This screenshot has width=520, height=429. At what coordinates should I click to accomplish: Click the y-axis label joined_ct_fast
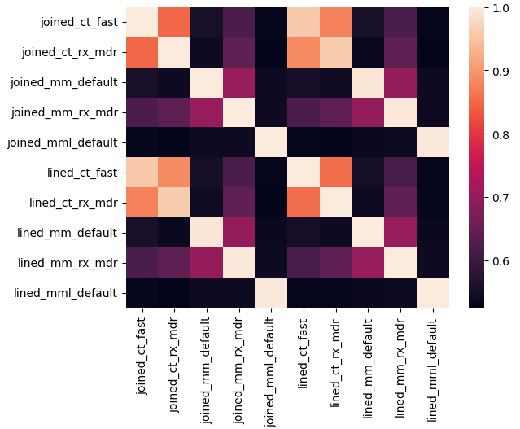(79, 23)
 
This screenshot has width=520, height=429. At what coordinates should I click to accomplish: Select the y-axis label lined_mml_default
(65, 293)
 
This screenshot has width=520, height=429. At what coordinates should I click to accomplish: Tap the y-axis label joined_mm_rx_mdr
(64, 113)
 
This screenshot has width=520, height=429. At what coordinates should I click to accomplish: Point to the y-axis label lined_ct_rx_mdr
(73, 203)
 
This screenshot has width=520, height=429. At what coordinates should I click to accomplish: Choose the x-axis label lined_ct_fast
(303, 353)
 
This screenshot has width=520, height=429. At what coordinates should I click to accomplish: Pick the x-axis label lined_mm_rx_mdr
(400, 368)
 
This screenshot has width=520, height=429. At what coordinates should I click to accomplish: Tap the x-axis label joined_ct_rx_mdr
(173, 365)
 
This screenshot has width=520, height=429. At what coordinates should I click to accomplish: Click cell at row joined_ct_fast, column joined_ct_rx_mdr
(174, 23)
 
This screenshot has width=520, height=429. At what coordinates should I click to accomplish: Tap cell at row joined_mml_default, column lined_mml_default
(433, 142)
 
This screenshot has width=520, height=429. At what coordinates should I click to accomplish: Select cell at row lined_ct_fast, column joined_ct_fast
(142, 173)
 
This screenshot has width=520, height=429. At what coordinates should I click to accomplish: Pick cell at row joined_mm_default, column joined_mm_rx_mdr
(239, 82)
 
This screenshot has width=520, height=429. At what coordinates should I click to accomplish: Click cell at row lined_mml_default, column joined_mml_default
(271, 292)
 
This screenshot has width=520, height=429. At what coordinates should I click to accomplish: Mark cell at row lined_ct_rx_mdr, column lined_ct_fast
(304, 203)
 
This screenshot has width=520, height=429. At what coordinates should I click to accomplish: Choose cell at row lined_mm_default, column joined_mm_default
(207, 233)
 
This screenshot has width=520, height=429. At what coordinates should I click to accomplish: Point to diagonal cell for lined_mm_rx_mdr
(400, 263)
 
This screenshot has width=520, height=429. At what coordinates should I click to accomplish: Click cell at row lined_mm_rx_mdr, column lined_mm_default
(369, 263)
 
